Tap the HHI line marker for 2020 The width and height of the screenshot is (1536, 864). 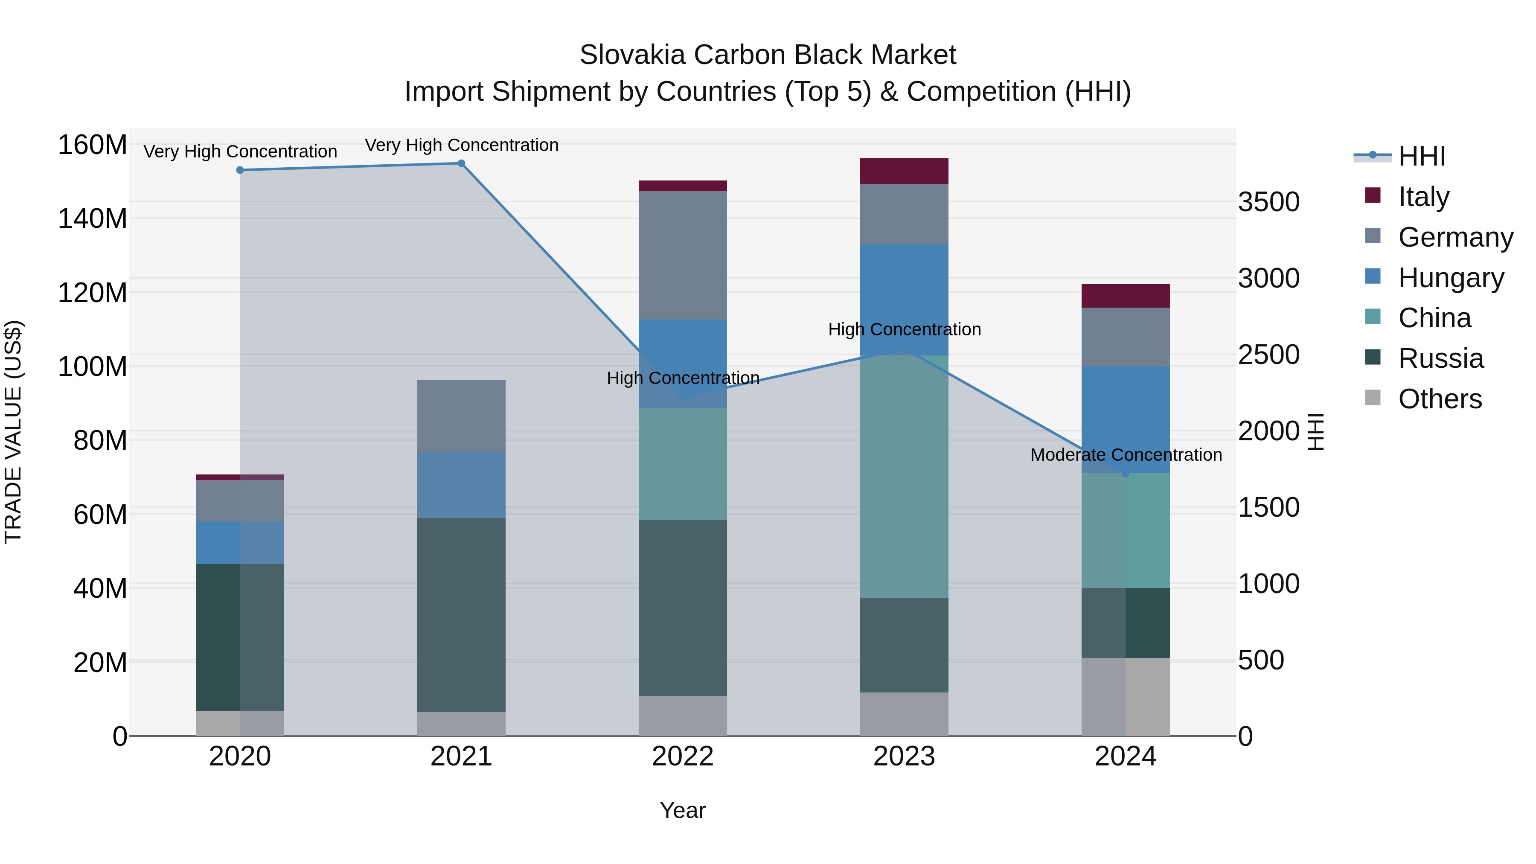(240, 170)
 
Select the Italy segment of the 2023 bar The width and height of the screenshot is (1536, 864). (904, 171)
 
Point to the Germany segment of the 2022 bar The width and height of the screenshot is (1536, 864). (683, 255)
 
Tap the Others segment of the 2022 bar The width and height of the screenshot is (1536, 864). (683, 715)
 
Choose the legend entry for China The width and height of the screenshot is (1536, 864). (1434, 318)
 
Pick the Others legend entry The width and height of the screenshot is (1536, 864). (1440, 399)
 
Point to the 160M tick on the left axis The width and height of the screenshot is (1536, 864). (93, 145)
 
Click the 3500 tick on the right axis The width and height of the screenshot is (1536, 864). (1268, 202)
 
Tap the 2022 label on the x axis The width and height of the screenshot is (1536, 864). (683, 756)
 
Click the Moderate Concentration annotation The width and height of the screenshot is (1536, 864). (1126, 455)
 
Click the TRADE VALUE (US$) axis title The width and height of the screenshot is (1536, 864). (14, 432)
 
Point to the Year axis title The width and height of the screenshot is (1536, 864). (683, 810)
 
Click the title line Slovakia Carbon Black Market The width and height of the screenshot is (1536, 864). (768, 55)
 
